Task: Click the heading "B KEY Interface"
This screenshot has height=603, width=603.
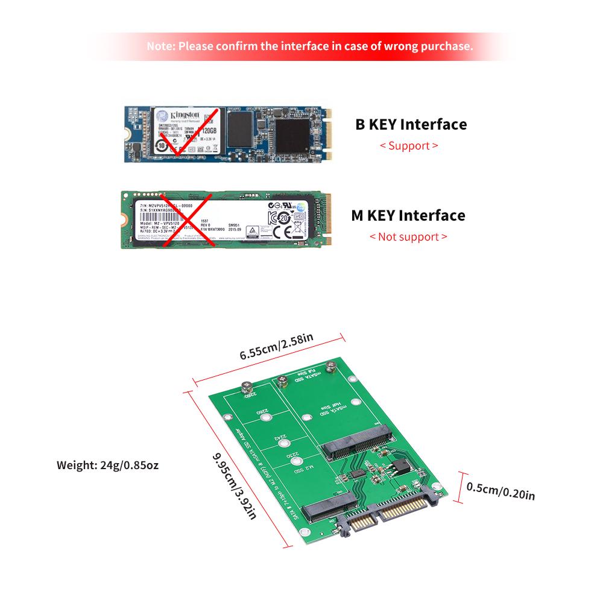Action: pos(411,124)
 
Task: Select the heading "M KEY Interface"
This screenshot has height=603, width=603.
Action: pos(408,215)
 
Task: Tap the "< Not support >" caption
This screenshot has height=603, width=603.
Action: pos(408,236)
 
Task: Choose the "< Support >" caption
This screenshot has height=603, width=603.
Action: pos(409,145)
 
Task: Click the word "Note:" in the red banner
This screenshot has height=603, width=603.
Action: pos(161,46)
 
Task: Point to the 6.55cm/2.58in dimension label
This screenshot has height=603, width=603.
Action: pos(276,346)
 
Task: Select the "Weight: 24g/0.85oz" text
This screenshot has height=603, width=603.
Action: pos(108,465)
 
